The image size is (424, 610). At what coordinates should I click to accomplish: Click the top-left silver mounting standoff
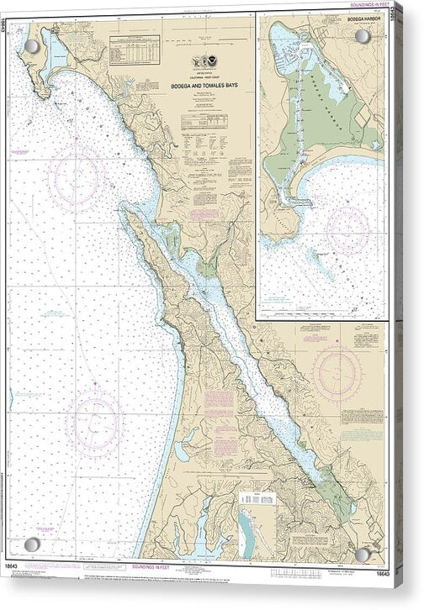click(x=31, y=46)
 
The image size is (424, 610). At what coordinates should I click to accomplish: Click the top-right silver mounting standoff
click(x=363, y=37)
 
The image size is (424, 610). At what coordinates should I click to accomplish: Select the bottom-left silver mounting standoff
click(x=31, y=544)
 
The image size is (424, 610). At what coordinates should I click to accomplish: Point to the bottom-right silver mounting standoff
click(x=363, y=555)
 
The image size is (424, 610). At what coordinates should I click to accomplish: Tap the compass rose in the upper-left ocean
click(x=76, y=176)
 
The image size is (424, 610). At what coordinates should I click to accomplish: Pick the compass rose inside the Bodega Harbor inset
click(x=347, y=229)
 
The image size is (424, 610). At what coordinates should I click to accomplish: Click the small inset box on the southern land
click(x=257, y=497)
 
